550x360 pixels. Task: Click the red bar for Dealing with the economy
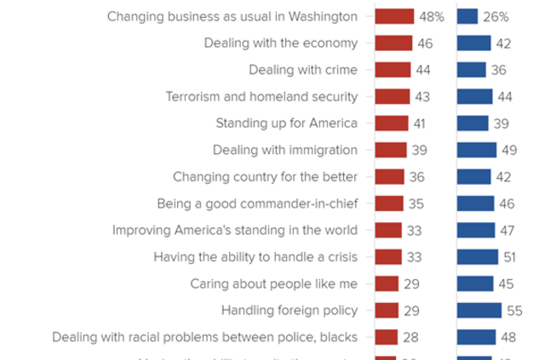pos(393,43)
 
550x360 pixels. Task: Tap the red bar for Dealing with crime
pos(392,70)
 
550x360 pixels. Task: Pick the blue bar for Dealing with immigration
pos(477,150)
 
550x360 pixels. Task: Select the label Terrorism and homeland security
pos(261,97)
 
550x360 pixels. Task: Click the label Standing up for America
pos(286,123)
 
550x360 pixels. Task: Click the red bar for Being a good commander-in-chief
pos(388,203)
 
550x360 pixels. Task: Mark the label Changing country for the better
pos(265,177)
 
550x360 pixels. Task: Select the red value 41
pos(418,123)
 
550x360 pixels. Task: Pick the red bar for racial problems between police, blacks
pos(386,337)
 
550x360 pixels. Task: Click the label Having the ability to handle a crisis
pos(255,257)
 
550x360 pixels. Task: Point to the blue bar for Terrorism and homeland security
pos(474,97)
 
